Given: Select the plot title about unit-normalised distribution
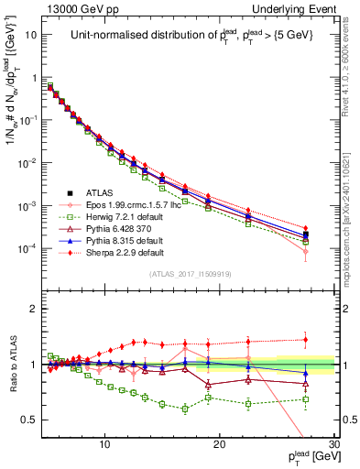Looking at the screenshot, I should coord(190,38).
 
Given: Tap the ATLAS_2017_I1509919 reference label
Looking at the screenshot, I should coord(190,272).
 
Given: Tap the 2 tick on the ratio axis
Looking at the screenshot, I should coord(39,309).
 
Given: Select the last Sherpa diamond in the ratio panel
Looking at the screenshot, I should coord(306,340).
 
